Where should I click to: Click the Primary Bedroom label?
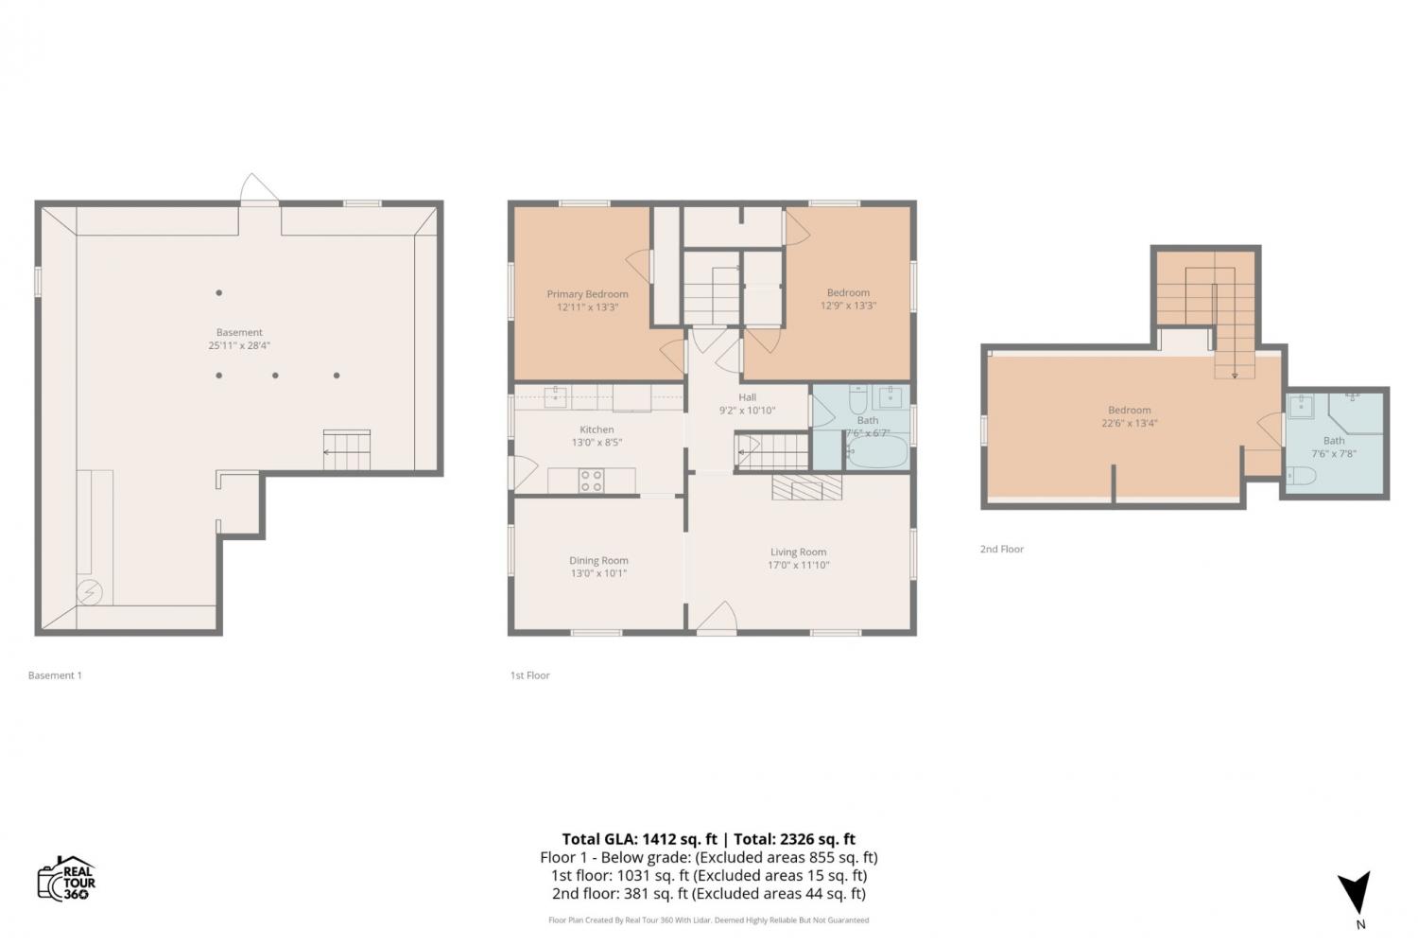point(587,294)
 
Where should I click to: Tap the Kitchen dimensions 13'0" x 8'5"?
point(597,443)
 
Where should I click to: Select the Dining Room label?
point(598,560)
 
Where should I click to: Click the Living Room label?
point(798,552)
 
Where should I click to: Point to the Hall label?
point(747,397)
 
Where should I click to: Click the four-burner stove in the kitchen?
point(591,481)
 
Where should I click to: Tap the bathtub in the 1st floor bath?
point(876,451)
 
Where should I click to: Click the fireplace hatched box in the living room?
point(806,487)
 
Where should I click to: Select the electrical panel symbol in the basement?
point(89,592)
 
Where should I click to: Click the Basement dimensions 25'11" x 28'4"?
point(239,345)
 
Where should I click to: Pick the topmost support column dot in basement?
point(219,292)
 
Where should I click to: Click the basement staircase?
point(346,450)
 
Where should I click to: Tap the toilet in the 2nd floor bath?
point(1301,475)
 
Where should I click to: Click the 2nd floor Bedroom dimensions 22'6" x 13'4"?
point(1130,423)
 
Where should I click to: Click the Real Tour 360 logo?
point(66,878)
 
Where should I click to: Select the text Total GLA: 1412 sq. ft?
point(639,839)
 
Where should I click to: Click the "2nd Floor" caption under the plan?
point(1001,549)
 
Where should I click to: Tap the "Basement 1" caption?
point(55,675)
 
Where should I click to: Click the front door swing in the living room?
point(717,617)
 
